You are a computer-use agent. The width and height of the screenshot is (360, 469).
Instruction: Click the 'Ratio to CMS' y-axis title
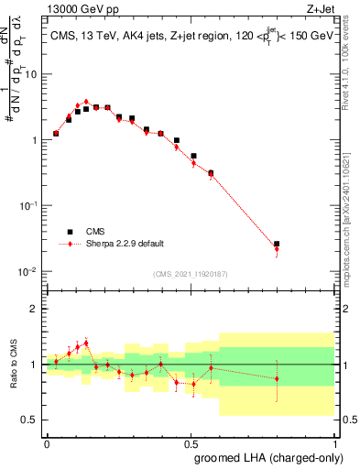(x=15, y=365)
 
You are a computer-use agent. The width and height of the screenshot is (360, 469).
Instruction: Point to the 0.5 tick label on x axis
(x=191, y=442)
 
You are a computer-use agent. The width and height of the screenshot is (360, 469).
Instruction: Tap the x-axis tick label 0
(x=47, y=442)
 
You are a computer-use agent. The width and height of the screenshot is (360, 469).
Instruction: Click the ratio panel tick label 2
(x=35, y=309)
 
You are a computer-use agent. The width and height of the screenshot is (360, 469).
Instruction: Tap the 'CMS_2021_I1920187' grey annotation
(x=190, y=273)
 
